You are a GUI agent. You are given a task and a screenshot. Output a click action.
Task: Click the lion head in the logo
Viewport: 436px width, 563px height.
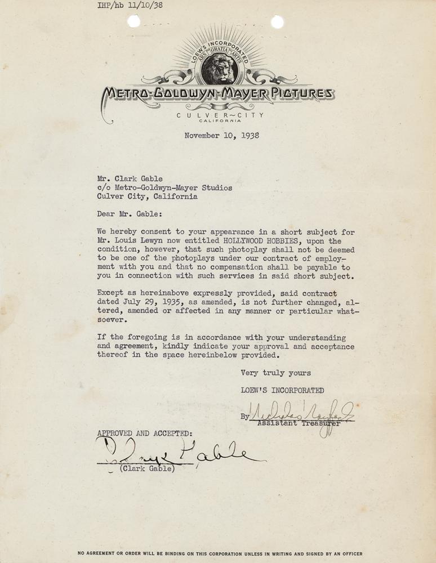pyautogui.click(x=218, y=69)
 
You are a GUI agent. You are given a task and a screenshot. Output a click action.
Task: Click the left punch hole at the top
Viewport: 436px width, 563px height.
pyautogui.click(x=134, y=21)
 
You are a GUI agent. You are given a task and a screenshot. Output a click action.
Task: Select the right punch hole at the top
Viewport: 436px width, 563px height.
pyautogui.click(x=277, y=21)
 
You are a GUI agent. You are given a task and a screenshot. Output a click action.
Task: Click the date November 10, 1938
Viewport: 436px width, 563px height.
pyautogui.click(x=222, y=135)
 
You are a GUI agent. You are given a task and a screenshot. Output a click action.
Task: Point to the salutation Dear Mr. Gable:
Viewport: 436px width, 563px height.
pyautogui.click(x=129, y=214)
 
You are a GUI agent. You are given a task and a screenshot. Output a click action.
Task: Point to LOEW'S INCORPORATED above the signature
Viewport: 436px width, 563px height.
pyautogui.click(x=282, y=390)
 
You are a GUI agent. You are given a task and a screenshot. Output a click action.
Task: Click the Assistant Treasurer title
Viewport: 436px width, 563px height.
pyautogui.click(x=299, y=423)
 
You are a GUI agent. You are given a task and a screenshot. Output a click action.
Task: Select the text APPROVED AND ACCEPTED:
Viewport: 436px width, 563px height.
pyautogui.click(x=144, y=434)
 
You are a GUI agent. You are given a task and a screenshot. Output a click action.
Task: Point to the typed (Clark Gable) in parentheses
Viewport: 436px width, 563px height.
pyautogui.click(x=148, y=469)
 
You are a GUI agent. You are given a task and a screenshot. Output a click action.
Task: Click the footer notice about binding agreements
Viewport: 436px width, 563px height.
pyautogui.click(x=220, y=553)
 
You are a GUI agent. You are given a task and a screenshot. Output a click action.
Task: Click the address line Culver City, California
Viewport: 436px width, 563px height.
pyautogui.click(x=147, y=197)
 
